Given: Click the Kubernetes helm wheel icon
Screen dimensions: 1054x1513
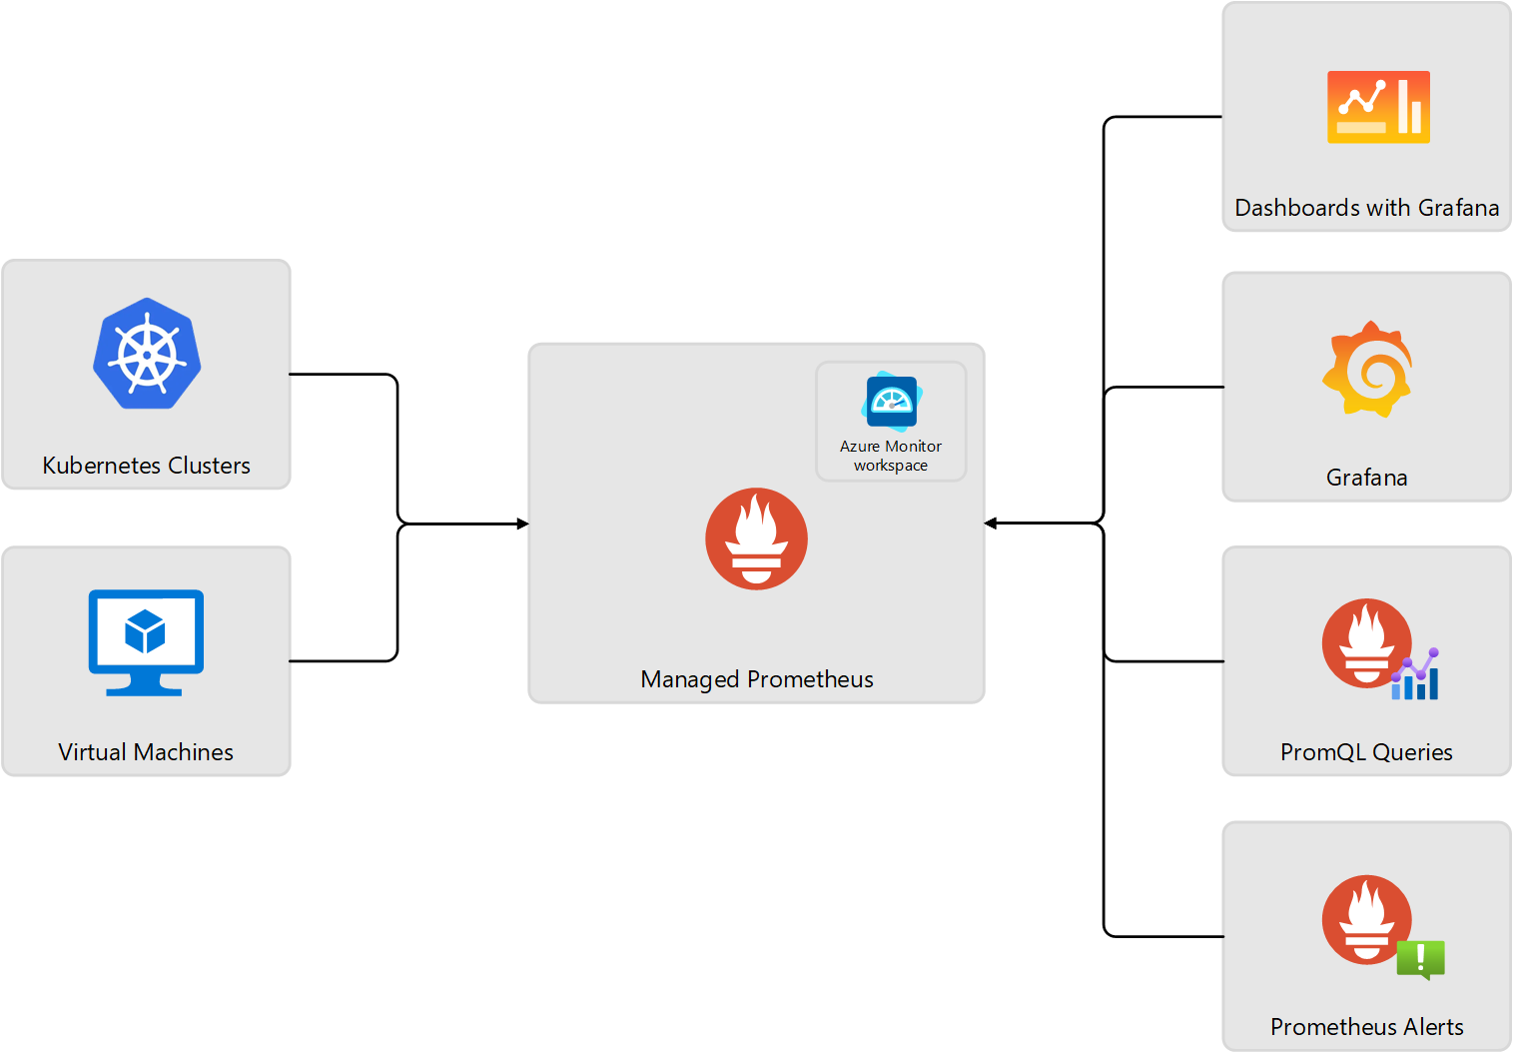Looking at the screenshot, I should coord(147,354).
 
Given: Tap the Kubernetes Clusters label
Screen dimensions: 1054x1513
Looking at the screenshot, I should coord(146,466).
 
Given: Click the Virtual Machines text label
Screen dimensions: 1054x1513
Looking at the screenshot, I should coord(146,752).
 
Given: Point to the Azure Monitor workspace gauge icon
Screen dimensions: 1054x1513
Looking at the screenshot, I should coord(890,402).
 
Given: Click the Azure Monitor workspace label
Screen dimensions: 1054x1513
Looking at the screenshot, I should coord(891,456).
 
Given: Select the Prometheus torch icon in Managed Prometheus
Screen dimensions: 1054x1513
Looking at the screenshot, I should coord(756,538).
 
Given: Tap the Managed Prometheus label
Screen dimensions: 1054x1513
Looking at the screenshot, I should coord(757,679).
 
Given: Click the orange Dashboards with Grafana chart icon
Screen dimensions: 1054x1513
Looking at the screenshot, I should coord(1378,107).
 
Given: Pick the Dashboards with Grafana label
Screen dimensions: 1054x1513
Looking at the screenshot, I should coord(1366,208).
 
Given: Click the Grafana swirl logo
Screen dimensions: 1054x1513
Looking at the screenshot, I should coord(1367,369).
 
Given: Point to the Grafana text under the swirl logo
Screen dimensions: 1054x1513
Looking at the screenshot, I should coord(1366,478).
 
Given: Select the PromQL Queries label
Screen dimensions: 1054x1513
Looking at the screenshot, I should coord(1366,752).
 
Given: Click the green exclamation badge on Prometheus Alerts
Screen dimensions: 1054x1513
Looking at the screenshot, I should coord(1420,959).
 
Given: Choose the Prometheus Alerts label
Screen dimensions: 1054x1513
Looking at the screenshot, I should coord(1366,1027).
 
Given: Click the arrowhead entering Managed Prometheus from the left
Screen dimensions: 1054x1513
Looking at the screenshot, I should coord(522,524).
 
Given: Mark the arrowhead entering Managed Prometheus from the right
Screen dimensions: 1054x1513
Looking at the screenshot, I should coord(991,524).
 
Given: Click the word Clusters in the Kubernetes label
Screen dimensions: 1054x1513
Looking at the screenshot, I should coord(209,466).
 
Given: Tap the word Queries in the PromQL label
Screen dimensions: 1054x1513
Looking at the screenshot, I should coord(1412,752).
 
